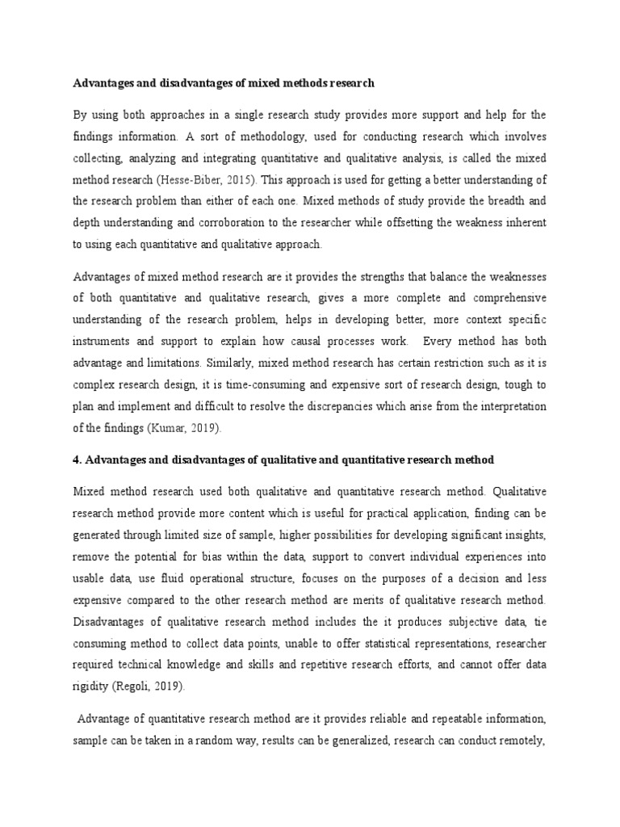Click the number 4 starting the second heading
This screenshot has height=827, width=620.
[77, 459]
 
